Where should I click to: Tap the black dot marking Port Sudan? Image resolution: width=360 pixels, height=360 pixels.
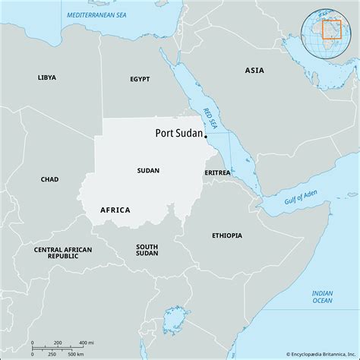206,137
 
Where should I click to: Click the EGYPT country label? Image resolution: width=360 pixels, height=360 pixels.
140,79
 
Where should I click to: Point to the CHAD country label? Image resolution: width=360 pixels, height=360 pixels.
49,179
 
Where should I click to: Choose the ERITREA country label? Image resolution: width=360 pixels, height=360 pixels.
217,173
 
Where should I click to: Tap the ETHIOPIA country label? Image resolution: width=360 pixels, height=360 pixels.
227,235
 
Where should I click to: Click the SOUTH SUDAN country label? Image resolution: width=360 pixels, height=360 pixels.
147,251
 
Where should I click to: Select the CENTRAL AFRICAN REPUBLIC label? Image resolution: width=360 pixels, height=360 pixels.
64,253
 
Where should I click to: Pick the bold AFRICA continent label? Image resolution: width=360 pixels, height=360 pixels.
115,210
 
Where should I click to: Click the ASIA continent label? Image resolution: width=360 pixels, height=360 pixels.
254,70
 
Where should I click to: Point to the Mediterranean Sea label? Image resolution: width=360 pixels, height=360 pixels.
98,15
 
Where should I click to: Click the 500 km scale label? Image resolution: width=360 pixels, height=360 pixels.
74,355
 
